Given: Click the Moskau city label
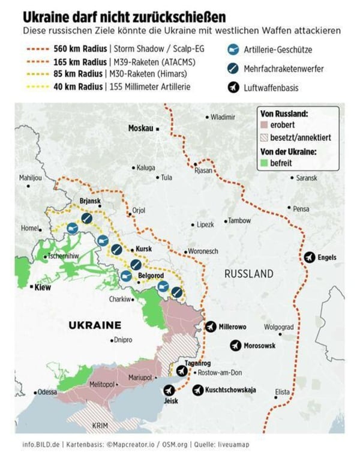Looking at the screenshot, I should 141,128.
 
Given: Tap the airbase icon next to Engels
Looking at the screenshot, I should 310,258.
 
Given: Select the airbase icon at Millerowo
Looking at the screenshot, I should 211,327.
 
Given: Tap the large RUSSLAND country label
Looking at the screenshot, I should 248,274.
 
